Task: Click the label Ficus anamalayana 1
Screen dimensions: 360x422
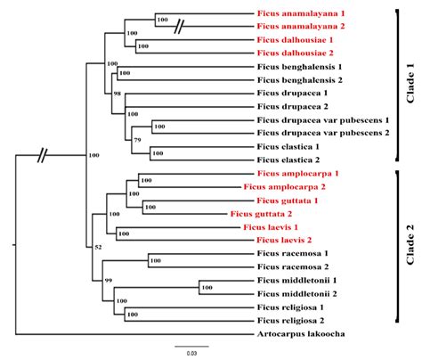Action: pyautogui.click(x=304, y=15)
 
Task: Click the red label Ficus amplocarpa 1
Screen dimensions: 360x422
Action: pyautogui.click(x=299, y=174)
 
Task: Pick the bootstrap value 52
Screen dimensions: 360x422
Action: pyautogui.click(x=99, y=248)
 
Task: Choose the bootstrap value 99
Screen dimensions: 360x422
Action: pyautogui.click(x=109, y=280)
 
